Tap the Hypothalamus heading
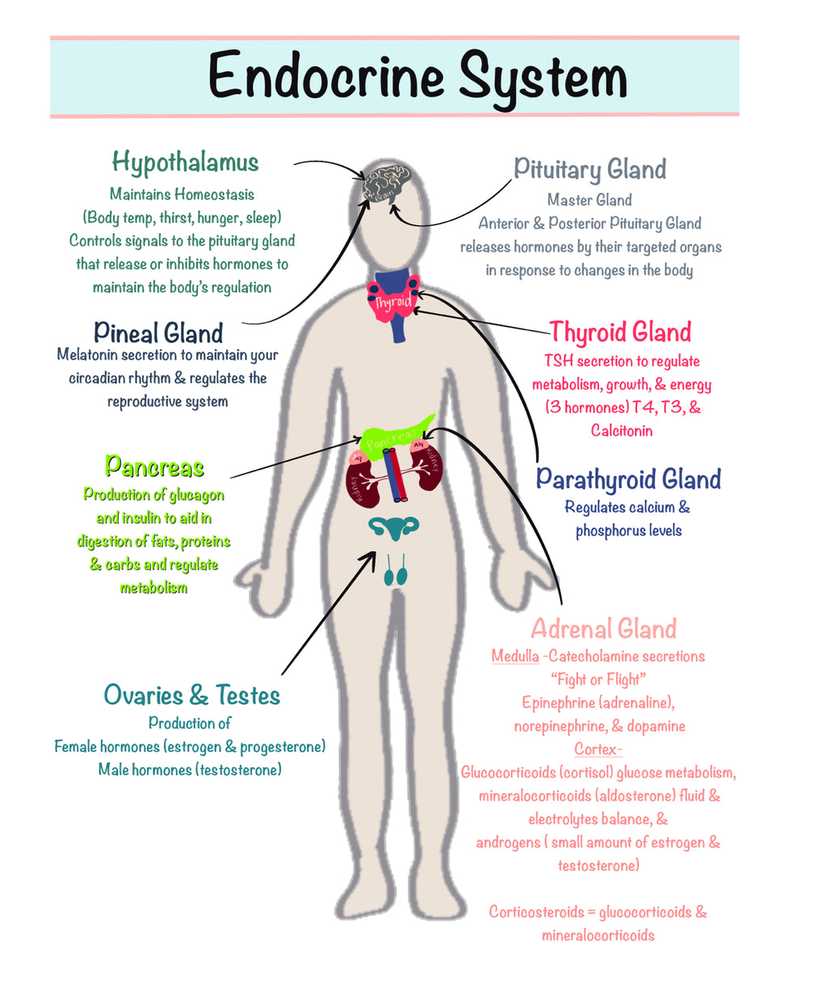[x=185, y=163]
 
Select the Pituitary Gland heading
[x=590, y=169]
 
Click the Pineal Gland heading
[x=158, y=333]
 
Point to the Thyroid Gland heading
[x=620, y=332]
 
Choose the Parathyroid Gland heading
[x=628, y=479]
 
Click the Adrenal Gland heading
[x=603, y=629]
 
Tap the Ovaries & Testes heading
[x=191, y=695]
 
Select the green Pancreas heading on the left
[x=154, y=467]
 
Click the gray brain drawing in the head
[x=388, y=185]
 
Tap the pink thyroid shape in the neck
[x=394, y=303]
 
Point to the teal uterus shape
[x=394, y=529]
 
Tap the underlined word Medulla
[x=514, y=656]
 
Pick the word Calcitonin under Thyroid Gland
[x=621, y=430]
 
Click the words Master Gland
[x=590, y=199]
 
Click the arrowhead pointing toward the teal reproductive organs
[x=371, y=555]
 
